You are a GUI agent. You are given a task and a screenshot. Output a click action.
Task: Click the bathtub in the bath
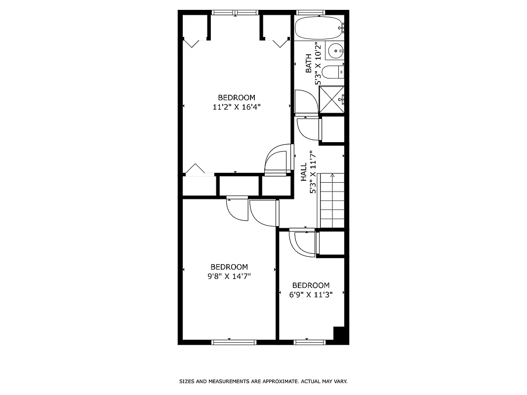[x=318, y=28]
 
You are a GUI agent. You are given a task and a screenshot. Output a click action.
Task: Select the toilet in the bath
[x=331, y=73]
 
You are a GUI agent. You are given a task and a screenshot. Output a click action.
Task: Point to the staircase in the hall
[x=332, y=200]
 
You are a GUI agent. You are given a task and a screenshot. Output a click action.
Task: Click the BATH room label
[x=309, y=64]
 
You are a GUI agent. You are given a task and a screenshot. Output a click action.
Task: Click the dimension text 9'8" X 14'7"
[x=230, y=276]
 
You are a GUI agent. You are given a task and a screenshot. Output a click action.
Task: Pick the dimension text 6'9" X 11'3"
[x=311, y=294]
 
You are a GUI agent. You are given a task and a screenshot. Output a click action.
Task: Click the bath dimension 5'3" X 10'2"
[x=319, y=63]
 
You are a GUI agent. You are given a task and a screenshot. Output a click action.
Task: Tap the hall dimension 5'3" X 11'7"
[x=312, y=172]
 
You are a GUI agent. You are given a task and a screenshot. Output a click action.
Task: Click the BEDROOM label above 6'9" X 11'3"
[x=311, y=285]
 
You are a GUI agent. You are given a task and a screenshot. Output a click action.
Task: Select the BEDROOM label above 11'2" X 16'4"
[x=237, y=97]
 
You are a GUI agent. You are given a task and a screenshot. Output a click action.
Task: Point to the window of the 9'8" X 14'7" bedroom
[x=234, y=342]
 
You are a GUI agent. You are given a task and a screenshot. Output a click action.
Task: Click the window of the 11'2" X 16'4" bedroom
[x=235, y=12]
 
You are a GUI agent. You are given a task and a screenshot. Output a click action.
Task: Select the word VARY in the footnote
[x=341, y=382]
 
